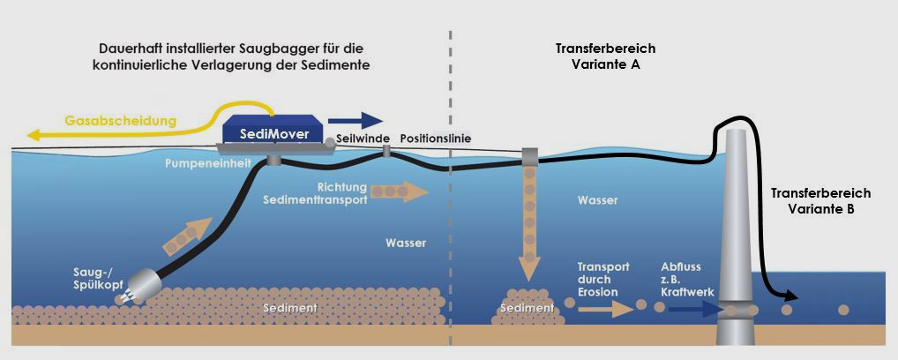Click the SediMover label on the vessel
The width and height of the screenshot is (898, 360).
tap(273, 134)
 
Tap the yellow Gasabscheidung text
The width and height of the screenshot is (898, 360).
tap(120, 122)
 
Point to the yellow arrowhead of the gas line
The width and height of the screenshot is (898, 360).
tap(34, 136)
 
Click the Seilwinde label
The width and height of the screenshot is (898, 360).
tap(363, 139)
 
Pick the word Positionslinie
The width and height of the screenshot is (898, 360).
tap(435, 139)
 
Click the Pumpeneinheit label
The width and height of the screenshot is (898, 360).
tap(208, 163)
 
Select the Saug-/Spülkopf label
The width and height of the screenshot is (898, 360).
tap(93, 276)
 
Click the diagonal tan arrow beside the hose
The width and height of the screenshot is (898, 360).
tap(187, 236)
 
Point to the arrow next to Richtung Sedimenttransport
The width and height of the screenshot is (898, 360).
tap(400, 191)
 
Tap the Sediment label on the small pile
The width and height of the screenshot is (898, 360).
tap(527, 308)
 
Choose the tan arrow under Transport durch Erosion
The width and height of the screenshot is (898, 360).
tap(606, 310)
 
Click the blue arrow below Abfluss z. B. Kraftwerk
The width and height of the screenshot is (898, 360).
tap(693, 309)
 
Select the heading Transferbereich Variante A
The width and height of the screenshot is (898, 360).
tap(605, 56)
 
